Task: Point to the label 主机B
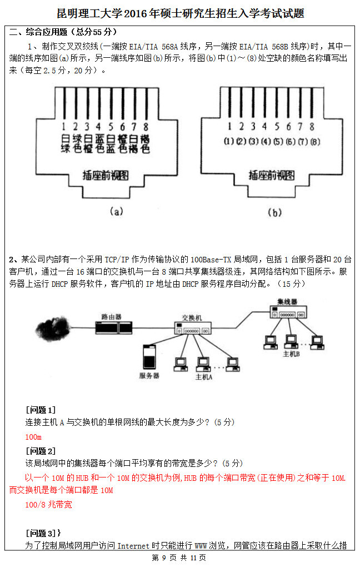point(291,354)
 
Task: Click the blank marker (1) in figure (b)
point(228,141)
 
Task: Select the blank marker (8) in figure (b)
point(315,141)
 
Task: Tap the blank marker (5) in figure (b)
point(278,141)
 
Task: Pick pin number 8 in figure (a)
point(146,126)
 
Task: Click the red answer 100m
point(34,437)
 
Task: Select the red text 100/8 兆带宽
point(48,505)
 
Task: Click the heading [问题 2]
point(41,451)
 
